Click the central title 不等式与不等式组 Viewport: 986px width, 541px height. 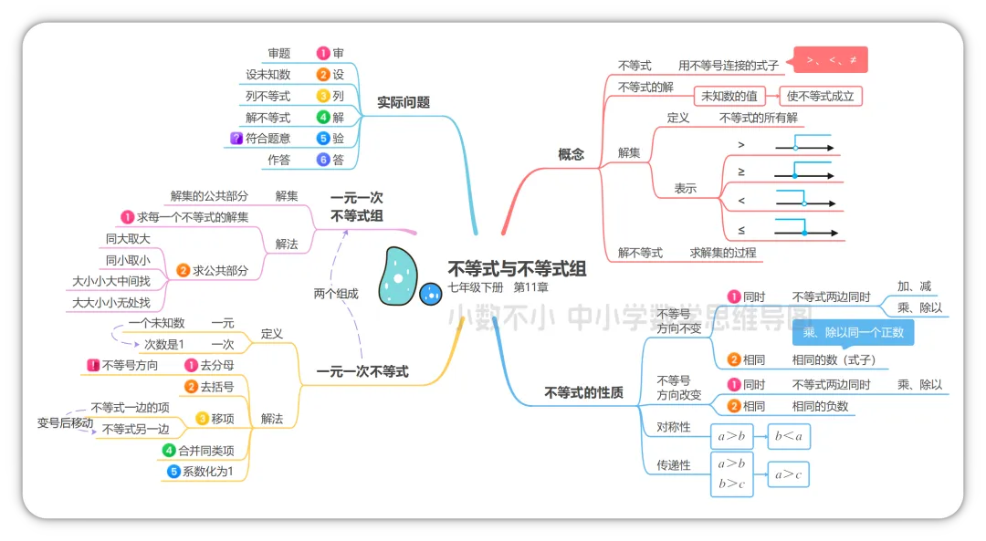pos(517,269)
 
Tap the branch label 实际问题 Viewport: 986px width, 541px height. pos(403,103)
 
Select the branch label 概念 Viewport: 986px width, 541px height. pos(571,154)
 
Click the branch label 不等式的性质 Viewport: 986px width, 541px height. pos(583,392)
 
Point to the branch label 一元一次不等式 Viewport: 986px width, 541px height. pos(362,371)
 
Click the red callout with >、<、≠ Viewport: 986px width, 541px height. pos(831,60)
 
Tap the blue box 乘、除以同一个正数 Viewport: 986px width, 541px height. pos(853,332)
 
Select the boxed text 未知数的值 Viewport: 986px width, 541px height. pos(729,96)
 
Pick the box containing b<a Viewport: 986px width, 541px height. pos(788,437)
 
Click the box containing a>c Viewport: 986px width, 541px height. pos(788,474)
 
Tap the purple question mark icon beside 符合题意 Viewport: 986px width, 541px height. pos(236,139)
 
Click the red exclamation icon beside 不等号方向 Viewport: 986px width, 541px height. pos(93,366)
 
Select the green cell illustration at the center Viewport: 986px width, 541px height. pos(397,276)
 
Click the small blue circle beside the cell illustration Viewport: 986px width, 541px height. pos(430,294)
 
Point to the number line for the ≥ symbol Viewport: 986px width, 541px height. pos(804,174)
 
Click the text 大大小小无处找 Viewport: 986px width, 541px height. pos(111,302)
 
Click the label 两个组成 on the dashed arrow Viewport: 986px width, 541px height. pos(336,294)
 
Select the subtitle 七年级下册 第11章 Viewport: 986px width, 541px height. pos(498,288)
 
